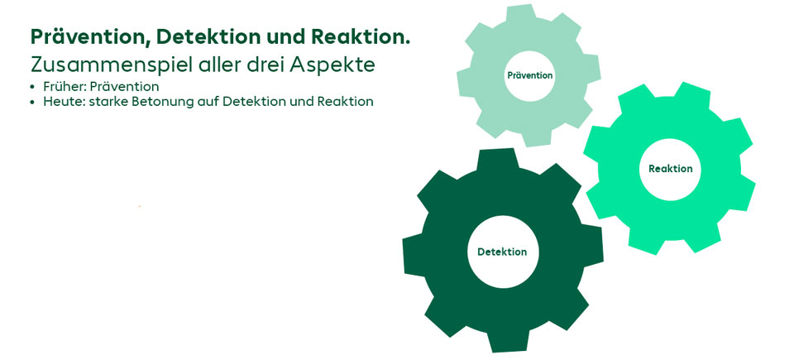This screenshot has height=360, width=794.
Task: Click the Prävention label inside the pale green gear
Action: click(529, 75)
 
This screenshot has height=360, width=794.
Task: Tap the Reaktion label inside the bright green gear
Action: click(671, 169)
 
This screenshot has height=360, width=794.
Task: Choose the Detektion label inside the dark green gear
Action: click(502, 252)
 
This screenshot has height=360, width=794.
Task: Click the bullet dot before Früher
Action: click(33, 87)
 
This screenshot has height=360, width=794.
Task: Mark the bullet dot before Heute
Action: click(33, 102)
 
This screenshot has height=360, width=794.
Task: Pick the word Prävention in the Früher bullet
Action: click(124, 87)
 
